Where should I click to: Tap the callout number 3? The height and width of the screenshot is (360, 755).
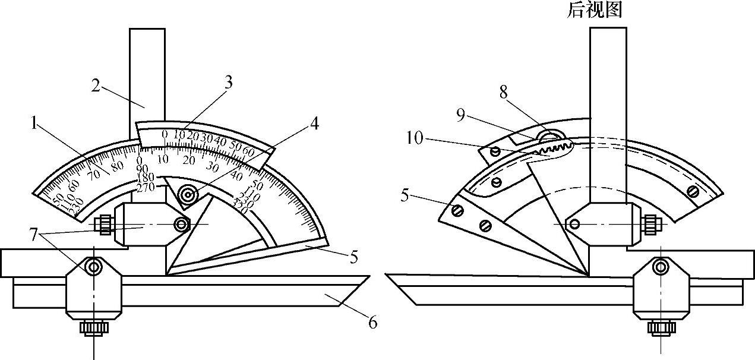(x=228, y=83)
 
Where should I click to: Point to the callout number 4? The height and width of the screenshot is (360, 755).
(x=314, y=124)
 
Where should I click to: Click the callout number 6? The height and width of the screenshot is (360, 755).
(x=372, y=323)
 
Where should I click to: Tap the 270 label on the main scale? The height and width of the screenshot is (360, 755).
(x=144, y=187)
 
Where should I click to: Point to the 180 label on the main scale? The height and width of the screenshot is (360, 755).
(x=144, y=178)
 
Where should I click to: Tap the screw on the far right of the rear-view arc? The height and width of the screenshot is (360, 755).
(x=692, y=191)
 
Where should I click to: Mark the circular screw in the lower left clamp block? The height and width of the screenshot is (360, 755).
(x=93, y=268)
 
